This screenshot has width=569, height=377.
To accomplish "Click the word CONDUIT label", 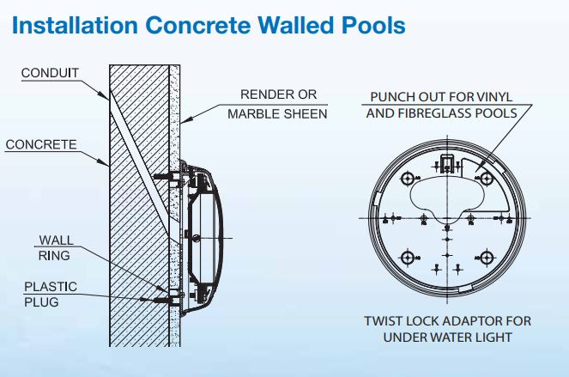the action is (50, 73).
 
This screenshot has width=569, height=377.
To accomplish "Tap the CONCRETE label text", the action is (41, 144).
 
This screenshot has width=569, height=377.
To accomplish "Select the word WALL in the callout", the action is (57, 240).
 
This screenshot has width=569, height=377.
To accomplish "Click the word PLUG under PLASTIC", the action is (41, 301).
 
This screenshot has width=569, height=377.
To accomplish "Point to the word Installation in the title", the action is (76, 25).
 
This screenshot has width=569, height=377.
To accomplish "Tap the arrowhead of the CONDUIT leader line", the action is (106, 96).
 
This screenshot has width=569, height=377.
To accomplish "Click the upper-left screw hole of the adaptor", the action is (408, 179).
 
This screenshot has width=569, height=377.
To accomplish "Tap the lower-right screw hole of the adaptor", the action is (487, 258).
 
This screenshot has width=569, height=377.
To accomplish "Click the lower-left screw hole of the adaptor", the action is (408, 258).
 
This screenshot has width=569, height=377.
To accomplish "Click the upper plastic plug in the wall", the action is (163, 177).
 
